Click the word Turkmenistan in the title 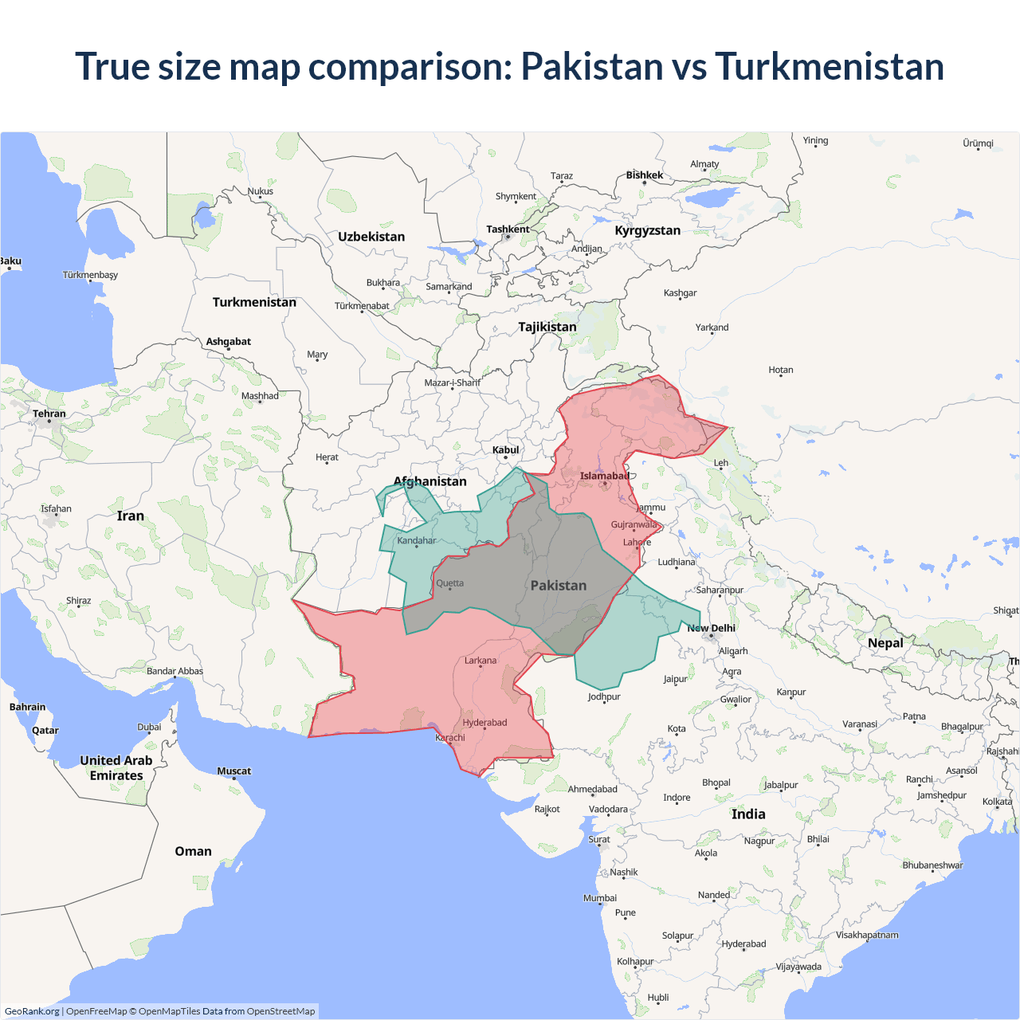coord(829,66)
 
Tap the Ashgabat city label coord(229,342)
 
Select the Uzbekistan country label coord(371,237)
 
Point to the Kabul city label coord(505,450)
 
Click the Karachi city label coord(450,738)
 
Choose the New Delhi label coord(712,628)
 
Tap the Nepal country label coord(885,643)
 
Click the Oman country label coord(194,851)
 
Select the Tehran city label coord(49,414)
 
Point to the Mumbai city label coord(600,898)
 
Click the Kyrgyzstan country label coord(648,230)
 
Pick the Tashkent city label coord(508,229)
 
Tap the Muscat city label coord(234,771)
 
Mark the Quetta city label coord(449,583)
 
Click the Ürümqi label coord(978,143)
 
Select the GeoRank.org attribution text coord(32,1011)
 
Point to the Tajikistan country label coord(547,327)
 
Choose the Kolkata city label coord(997,802)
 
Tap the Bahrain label coord(28,707)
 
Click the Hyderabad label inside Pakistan coord(484,723)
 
